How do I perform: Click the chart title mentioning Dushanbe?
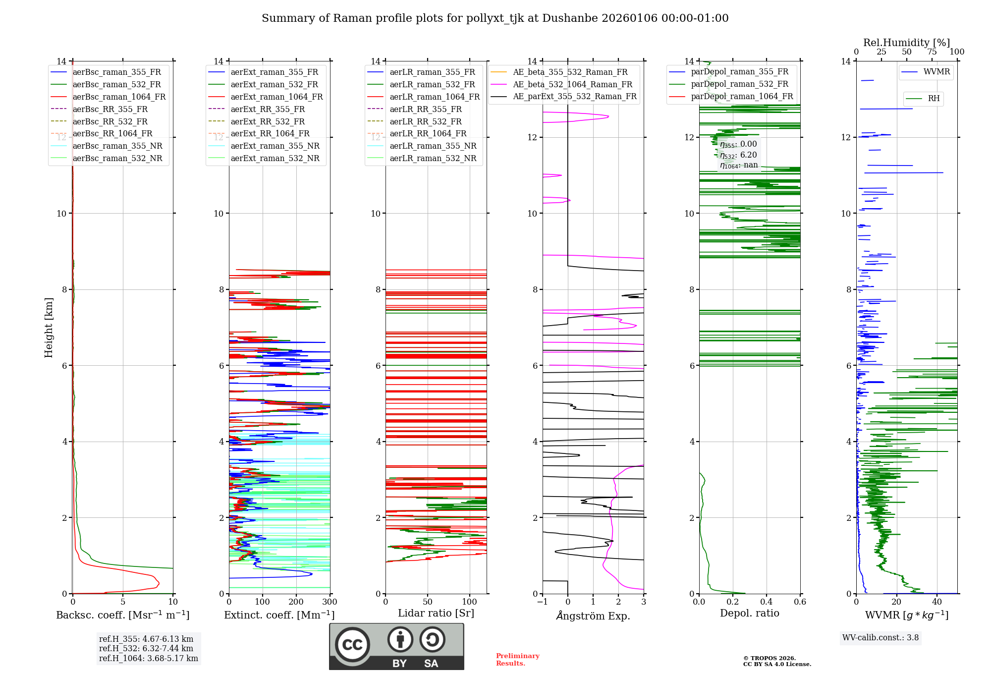point(495,18)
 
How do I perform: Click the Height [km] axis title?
point(49,327)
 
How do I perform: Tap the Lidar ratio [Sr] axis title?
point(436,613)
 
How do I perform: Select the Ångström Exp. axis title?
point(593,616)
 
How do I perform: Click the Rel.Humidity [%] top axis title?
point(906,43)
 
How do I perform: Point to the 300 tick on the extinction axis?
point(330,602)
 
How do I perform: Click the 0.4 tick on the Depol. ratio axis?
point(766,602)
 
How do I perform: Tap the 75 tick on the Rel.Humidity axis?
point(932,52)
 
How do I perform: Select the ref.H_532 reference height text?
point(146,648)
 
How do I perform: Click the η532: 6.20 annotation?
point(738,155)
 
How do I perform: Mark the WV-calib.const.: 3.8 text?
point(881,638)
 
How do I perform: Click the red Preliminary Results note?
point(517,660)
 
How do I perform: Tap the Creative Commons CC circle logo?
point(352,645)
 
